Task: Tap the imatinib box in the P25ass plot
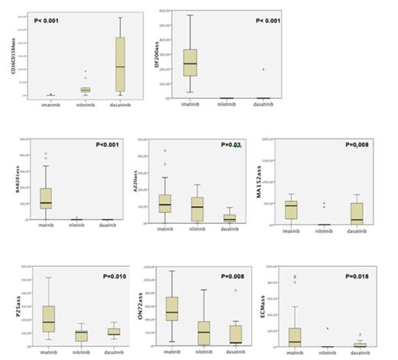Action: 50,317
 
